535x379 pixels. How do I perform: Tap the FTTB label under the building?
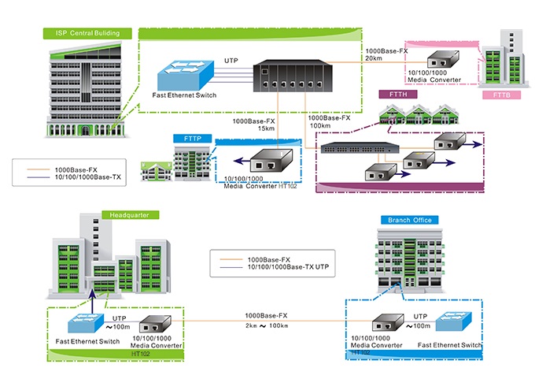501,95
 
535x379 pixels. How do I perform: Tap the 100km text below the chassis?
320,125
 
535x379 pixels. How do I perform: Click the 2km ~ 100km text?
267,325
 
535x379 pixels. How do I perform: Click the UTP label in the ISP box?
231,60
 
